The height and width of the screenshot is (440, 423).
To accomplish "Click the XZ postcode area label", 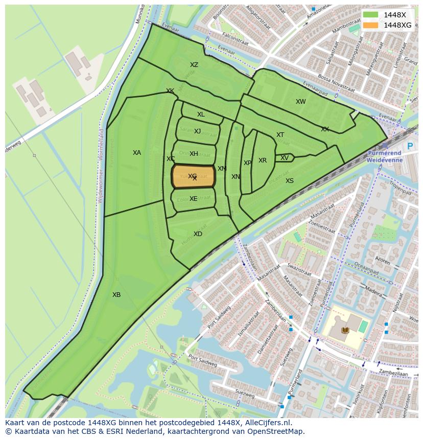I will [194, 65].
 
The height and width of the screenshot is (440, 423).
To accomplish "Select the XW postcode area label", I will [300, 102].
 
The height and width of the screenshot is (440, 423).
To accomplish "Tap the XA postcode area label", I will [137, 153].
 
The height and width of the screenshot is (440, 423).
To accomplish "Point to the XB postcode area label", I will [116, 295].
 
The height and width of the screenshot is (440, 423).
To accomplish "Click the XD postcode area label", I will [198, 234].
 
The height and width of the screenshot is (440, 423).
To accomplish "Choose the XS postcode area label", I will [290, 181].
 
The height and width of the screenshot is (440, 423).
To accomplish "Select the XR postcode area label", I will [263, 160].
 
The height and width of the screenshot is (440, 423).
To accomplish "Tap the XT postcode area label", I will [280, 135].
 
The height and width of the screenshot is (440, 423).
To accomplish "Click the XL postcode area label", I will [201, 114].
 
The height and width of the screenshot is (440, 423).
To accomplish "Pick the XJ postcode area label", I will [197, 131].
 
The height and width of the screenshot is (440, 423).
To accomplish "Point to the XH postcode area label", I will [194, 154].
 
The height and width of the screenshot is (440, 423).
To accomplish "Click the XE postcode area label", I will [193, 199].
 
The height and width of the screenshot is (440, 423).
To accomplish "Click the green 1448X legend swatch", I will [371, 15].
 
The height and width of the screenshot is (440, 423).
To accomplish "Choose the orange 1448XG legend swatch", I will [371, 25].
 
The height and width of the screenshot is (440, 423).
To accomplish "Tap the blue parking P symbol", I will [409, 146].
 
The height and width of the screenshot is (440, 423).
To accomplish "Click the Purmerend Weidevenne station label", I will [385, 156].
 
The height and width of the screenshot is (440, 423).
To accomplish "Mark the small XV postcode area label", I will [284, 158].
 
